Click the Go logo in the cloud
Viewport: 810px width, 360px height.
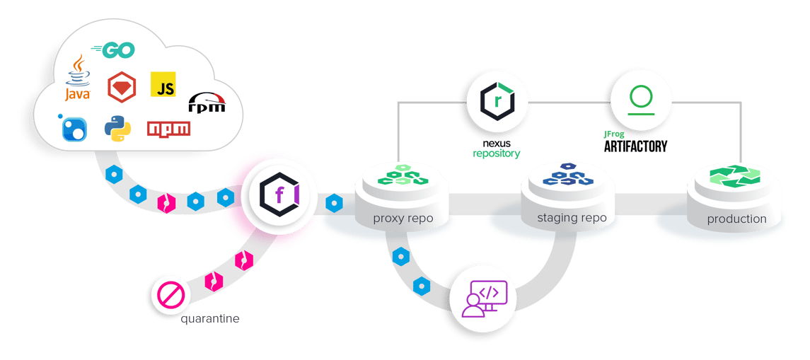tap(113, 50)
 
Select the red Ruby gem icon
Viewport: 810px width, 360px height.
tap(121, 88)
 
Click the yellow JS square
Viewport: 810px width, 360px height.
tap(163, 85)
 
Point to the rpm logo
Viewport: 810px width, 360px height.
tap(207, 103)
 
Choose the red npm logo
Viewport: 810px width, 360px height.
tap(168, 129)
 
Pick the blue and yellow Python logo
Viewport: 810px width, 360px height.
tap(117, 128)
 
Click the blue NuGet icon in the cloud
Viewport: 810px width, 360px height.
tap(74, 127)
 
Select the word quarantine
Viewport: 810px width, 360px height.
tap(209, 319)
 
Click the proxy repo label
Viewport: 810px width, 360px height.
tap(403, 218)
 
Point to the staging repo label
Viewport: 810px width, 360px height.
tap(571, 218)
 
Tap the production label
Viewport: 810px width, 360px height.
tap(736, 219)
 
